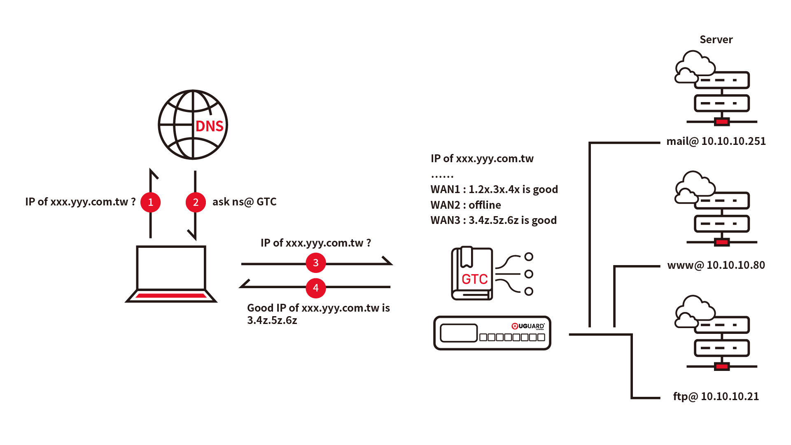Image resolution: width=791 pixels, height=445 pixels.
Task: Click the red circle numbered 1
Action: coord(150,202)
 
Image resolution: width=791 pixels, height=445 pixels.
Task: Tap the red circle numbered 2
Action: coord(196,202)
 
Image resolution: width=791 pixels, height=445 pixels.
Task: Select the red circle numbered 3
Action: coord(316,263)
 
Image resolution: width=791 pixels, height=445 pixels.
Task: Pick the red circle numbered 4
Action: coord(316,288)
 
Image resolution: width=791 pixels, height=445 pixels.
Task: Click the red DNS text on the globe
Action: coord(210,126)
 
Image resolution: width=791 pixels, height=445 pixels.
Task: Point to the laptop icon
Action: coord(171,274)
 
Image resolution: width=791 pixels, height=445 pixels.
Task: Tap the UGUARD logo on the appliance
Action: coord(528,326)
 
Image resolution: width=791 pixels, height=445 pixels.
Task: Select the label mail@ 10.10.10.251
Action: coord(716,141)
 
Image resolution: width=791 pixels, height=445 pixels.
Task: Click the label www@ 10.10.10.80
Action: coord(716,265)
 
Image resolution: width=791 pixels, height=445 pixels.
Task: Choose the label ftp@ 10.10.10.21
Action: coord(716,396)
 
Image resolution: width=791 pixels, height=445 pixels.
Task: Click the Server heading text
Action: coord(716,40)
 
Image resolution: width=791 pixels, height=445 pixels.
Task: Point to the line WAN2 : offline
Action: coord(466,205)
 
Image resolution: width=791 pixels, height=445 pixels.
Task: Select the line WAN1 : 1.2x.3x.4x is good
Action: coord(494,189)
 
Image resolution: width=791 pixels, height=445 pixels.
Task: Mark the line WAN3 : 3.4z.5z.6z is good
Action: coord(493,220)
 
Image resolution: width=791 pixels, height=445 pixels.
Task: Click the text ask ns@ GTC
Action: coord(244,202)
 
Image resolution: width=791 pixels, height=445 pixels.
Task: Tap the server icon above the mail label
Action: coord(716,89)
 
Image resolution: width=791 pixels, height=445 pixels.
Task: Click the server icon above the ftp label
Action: coord(716,333)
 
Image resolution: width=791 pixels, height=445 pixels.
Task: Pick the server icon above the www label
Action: coord(716,209)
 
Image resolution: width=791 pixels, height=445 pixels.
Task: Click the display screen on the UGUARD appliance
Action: coord(458,333)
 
